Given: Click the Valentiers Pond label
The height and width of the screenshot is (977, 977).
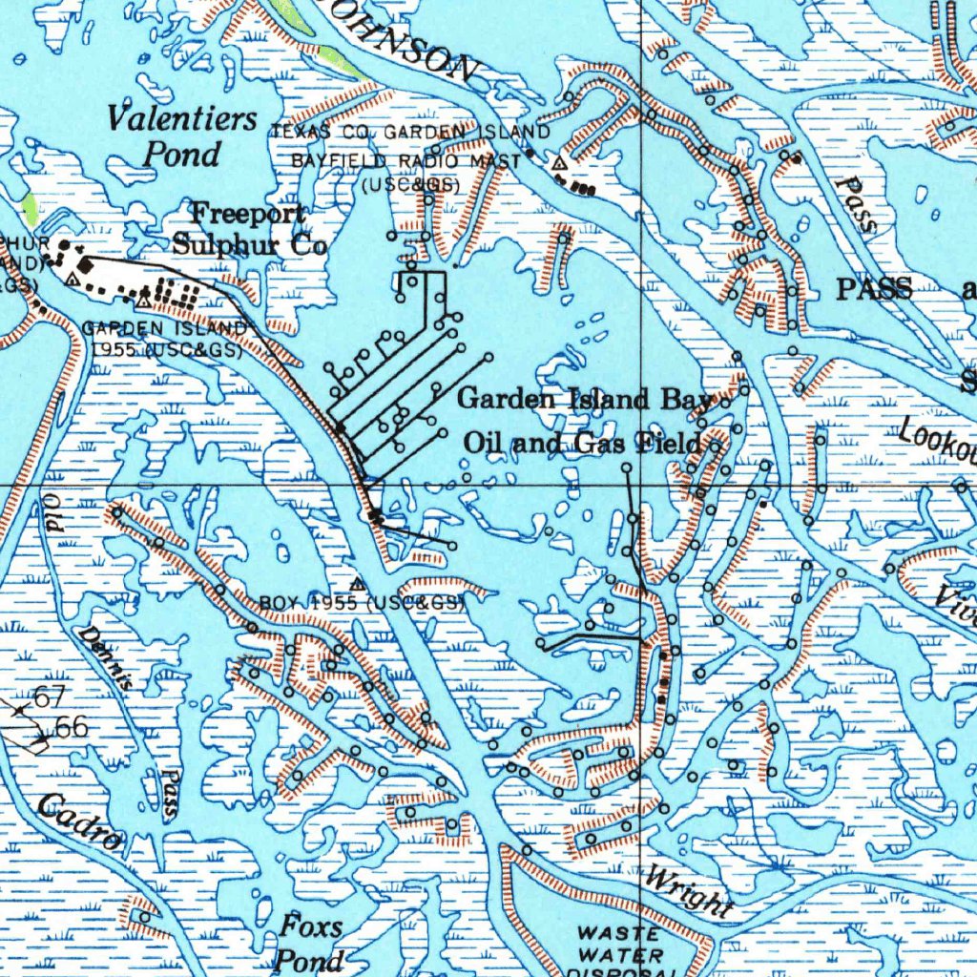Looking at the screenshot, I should pyautogui.click(x=181, y=135).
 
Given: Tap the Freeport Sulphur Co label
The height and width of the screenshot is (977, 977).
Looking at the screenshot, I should pyautogui.click(x=250, y=229).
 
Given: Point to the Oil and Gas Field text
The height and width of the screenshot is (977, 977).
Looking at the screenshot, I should pyautogui.click(x=583, y=443).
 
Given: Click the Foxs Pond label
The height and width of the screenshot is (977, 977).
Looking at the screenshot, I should pyautogui.click(x=310, y=942).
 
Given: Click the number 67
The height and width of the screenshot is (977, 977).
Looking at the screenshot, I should pyautogui.click(x=49, y=697).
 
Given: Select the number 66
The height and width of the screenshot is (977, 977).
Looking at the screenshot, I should pyautogui.click(x=72, y=727).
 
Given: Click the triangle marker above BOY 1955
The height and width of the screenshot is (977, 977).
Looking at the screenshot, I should pyautogui.click(x=358, y=583).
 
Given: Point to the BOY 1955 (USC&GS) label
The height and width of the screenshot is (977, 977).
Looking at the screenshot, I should pyautogui.click(x=362, y=603).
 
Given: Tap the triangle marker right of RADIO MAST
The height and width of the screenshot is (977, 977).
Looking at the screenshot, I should pyautogui.click(x=559, y=164).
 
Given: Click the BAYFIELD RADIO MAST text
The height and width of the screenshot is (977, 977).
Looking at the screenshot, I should pyautogui.click(x=405, y=161).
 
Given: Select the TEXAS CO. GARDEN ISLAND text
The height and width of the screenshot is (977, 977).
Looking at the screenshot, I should pyautogui.click(x=410, y=132).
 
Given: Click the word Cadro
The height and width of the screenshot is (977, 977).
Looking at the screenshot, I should pyautogui.click(x=80, y=822).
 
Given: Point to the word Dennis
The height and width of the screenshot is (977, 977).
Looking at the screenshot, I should pyautogui.click(x=105, y=655).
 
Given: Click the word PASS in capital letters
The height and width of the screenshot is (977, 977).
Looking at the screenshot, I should pyautogui.click(x=874, y=289).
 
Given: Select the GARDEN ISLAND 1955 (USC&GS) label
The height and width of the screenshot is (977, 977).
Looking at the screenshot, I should pyautogui.click(x=167, y=339).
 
